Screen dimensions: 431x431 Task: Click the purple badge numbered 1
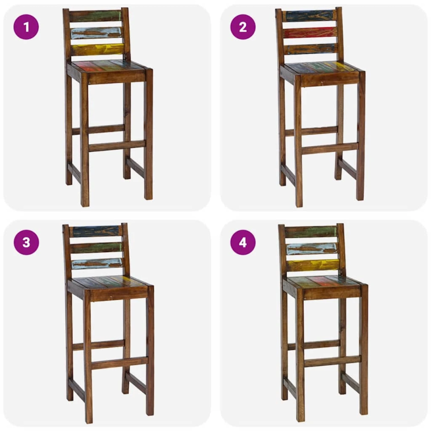26,27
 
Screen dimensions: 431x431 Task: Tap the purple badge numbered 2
243,27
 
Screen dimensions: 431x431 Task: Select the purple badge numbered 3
26,242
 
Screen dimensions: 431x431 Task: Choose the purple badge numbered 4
243,242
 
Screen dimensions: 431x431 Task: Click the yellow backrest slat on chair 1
98,50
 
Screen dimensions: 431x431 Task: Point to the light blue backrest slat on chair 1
97,33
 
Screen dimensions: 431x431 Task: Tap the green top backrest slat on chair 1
95,16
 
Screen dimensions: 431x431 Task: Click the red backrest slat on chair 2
310,33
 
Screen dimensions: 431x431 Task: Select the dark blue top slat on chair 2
309,16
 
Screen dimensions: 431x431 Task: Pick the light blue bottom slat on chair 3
97,263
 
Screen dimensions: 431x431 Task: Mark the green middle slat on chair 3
96,248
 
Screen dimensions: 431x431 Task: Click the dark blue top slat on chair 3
96,231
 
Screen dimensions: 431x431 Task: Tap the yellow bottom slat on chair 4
314,265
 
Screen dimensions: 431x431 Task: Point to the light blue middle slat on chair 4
312,249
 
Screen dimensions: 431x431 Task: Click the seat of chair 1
109,67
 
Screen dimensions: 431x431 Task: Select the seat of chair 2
322,69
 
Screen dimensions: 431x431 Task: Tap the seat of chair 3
109,283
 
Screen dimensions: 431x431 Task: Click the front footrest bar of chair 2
330,149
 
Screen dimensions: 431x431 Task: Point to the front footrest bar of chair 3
119,363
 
